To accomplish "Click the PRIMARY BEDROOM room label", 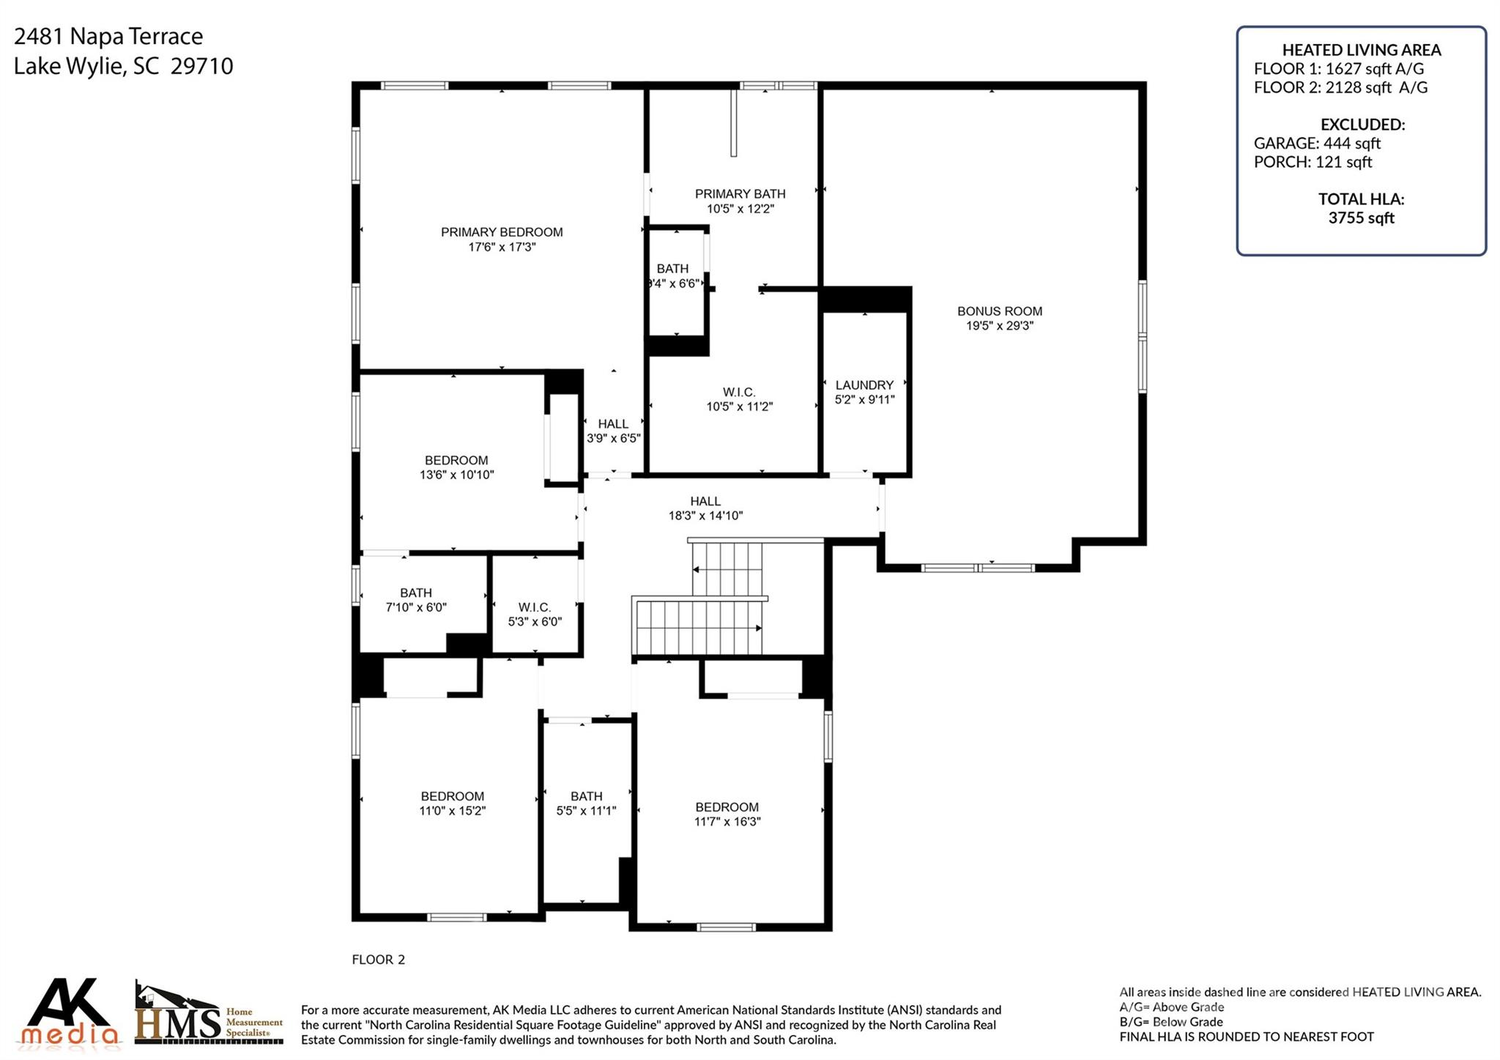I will [502, 232].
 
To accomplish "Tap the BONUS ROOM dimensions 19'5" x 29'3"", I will [999, 326].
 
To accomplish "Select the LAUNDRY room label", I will [864, 385].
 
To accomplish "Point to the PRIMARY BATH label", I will [740, 194].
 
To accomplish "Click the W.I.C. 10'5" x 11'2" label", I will [739, 399].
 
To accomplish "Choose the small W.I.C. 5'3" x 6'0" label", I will [535, 615].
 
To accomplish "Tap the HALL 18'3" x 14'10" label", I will [705, 508].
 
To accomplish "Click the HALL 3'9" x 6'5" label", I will [613, 431].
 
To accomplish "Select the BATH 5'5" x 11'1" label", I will [586, 804].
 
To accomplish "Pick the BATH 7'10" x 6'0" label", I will [416, 600].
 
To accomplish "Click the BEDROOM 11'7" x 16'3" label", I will [727, 814].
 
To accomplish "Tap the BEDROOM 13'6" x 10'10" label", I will [456, 467].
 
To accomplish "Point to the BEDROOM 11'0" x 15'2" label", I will [452, 804].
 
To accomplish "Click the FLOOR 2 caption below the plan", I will [378, 960].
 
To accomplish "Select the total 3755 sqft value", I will [1361, 218].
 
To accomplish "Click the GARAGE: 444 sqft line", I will [1316, 144].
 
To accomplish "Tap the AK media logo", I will [70, 1012].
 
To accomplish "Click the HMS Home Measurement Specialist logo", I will [208, 1015].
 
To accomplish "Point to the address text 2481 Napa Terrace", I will [108, 36].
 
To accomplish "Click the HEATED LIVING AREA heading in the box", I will [1361, 51].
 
